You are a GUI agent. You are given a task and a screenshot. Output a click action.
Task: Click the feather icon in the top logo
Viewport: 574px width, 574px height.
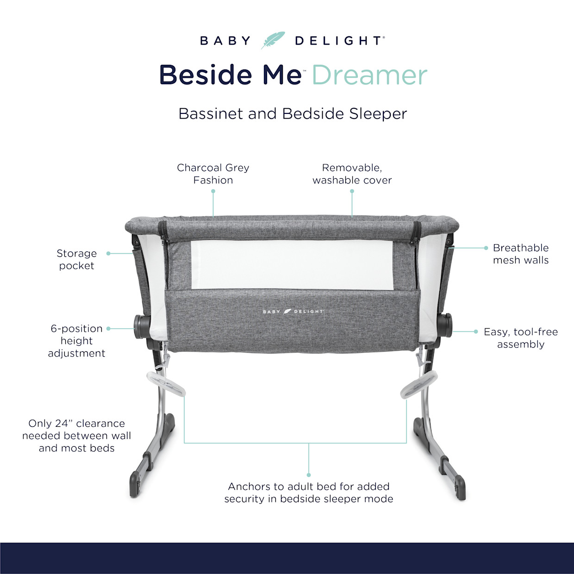273,41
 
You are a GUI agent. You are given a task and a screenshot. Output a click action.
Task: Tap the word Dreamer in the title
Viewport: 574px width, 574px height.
369,75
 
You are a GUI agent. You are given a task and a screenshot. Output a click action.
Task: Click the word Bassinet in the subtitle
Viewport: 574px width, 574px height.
211,113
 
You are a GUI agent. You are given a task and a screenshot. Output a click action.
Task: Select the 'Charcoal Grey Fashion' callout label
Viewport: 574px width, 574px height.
213,174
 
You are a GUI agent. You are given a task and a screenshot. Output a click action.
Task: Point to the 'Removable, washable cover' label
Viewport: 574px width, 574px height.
352,174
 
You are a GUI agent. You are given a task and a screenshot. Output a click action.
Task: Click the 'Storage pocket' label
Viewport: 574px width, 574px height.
76,259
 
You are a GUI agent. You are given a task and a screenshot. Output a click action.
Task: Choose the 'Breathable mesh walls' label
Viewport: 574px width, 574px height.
521,254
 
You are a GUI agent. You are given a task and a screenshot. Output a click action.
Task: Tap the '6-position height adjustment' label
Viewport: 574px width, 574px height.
76,341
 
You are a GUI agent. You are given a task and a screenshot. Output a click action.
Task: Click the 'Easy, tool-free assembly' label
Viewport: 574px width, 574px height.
521,338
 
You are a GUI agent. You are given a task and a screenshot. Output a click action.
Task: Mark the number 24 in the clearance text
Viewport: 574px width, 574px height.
62,424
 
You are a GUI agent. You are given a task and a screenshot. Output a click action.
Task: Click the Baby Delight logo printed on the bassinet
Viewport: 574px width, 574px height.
293,312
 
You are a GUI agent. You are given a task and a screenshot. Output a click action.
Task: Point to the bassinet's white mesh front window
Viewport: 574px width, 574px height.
292,264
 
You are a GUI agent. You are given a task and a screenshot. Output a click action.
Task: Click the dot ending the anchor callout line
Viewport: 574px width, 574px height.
309,475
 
